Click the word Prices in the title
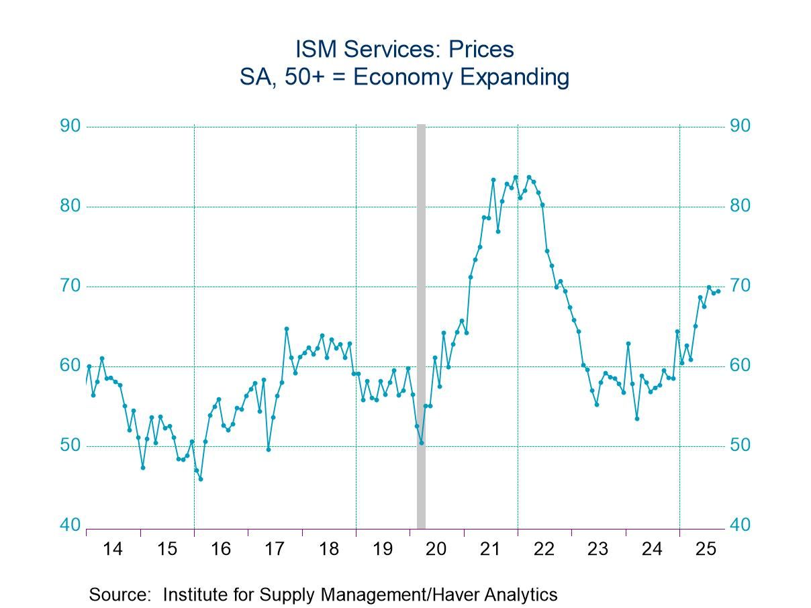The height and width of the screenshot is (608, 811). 479,49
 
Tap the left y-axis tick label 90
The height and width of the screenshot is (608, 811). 70,126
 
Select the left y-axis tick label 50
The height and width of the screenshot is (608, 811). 70,446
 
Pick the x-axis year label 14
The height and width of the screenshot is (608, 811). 113,549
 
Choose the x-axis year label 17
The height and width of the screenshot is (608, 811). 274,549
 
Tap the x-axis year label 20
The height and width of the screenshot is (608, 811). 436,549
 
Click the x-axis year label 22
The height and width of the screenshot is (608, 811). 544,549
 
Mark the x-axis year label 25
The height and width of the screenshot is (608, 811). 706,549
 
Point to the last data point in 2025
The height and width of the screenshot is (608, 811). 718,291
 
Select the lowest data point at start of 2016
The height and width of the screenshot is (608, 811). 200,478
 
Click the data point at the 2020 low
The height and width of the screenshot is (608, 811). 421,442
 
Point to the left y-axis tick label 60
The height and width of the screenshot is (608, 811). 70,366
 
